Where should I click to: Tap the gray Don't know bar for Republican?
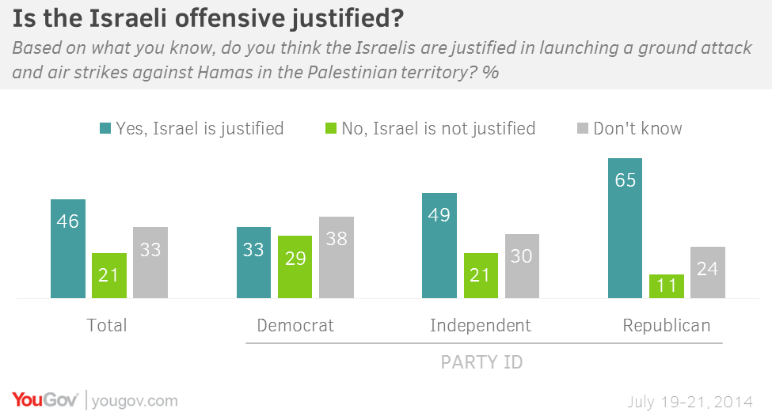pos(707,272)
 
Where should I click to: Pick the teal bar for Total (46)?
pos(67,248)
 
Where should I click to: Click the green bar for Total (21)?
pos(108,275)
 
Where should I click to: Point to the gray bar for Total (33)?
pos(150,263)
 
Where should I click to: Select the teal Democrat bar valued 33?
pos(253,263)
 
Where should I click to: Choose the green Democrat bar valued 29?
pos(295,267)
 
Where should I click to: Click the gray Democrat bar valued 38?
pos(336,257)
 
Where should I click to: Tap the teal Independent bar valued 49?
pos(439,245)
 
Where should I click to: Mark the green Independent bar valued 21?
pos(481,275)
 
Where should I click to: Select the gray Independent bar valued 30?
pos(522,266)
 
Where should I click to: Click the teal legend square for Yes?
pos(105,128)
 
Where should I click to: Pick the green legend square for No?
pos(331,128)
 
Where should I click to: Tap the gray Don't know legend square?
pos(582,128)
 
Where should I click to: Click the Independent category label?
pos(480,325)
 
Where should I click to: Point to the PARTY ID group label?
pos(481,362)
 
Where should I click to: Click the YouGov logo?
pos(44,399)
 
